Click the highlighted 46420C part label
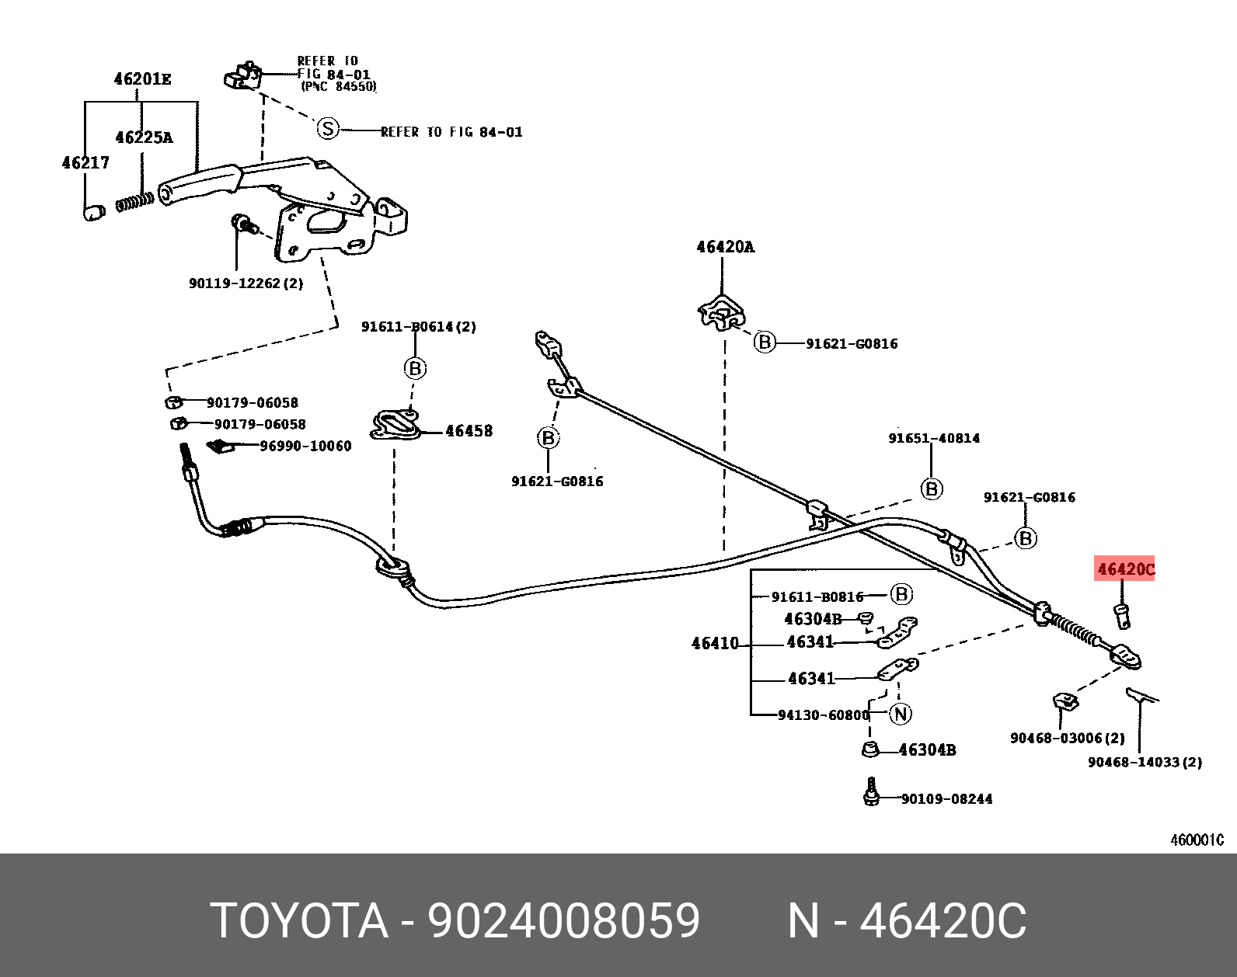pos(1125,570)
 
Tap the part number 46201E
pos(142,79)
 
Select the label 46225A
pos(144,137)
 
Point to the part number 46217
pos(85,163)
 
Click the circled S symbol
pos(329,129)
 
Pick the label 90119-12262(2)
pos(246,283)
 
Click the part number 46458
pos(469,431)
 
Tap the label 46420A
pos(725,248)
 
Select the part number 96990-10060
pos(305,446)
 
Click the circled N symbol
pos(900,714)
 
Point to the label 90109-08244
pos(946,798)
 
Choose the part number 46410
pos(715,644)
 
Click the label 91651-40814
pos(934,438)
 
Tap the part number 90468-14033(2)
pos(1145,762)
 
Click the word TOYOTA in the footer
pos(299,921)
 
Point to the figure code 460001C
pos(1197,840)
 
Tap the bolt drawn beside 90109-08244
pos(871,794)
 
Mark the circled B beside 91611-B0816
pos(901,594)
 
